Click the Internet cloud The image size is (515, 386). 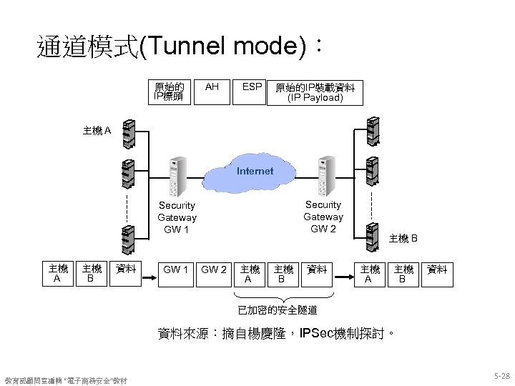[255, 172]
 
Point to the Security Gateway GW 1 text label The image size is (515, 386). [177, 217]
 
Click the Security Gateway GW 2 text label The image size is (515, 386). [323, 216]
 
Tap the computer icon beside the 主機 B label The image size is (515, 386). [371, 235]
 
